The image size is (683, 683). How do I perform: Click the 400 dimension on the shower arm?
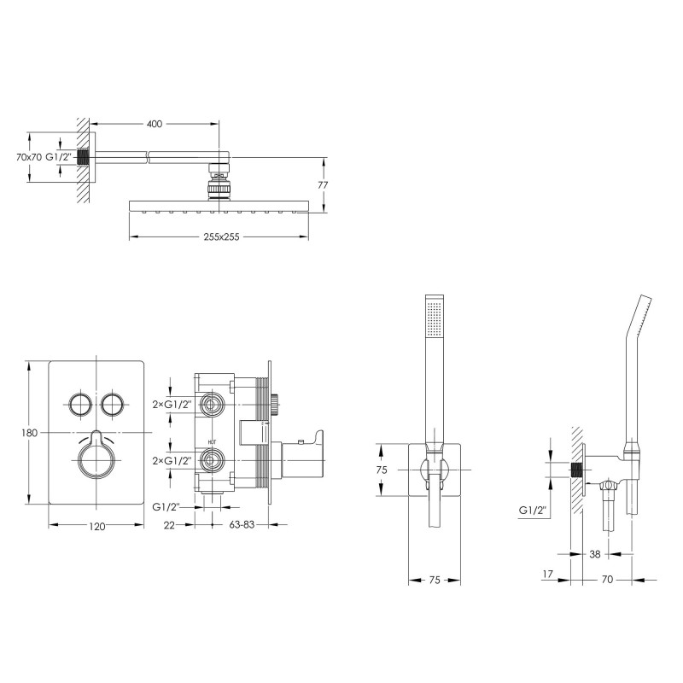tap(155, 124)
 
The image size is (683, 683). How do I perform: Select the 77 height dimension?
tap(324, 184)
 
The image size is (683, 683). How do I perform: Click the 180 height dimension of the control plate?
tap(29, 433)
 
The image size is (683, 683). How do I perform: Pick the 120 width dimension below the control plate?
tap(96, 527)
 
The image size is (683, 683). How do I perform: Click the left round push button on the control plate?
tap(79, 403)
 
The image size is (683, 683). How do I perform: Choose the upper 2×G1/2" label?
tap(172, 403)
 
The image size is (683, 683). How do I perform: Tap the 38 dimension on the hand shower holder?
tap(594, 554)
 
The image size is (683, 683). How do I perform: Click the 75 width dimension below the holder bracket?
tap(434, 581)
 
